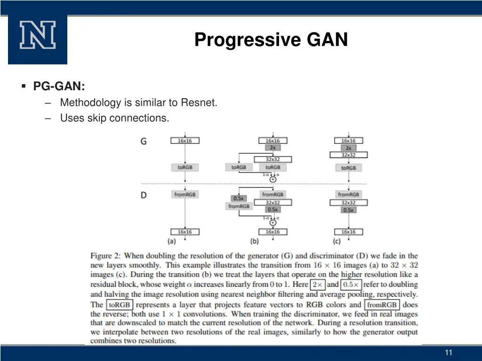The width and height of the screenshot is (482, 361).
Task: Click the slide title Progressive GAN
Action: (x=271, y=39)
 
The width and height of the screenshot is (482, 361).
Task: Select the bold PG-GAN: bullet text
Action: (x=59, y=86)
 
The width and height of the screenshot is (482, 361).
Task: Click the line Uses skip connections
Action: (x=114, y=118)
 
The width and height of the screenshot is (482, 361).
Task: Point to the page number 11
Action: (x=448, y=353)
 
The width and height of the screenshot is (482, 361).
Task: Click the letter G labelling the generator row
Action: (x=144, y=141)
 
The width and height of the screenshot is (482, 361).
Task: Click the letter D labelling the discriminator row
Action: (x=144, y=195)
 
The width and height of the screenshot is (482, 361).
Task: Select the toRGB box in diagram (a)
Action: (x=185, y=167)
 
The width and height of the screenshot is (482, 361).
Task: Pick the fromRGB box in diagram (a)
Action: (x=185, y=194)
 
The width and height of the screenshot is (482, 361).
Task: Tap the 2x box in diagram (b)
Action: (x=273, y=148)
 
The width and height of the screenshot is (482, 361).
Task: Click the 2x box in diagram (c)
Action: (x=348, y=148)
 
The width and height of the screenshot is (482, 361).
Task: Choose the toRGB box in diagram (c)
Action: (x=348, y=168)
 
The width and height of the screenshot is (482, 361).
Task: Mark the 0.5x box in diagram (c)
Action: (x=348, y=210)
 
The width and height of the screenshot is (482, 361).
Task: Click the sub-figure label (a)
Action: (x=172, y=241)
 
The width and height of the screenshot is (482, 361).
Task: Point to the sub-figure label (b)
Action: (x=255, y=241)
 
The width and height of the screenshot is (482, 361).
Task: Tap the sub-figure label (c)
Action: (x=337, y=241)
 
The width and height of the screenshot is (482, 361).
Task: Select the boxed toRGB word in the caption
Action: (x=119, y=305)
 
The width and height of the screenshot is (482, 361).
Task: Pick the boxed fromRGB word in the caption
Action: (x=382, y=305)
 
